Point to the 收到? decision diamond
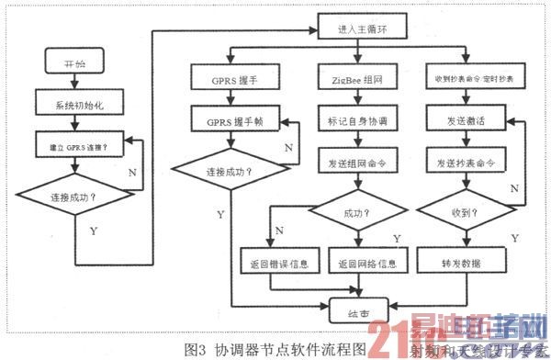462,214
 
